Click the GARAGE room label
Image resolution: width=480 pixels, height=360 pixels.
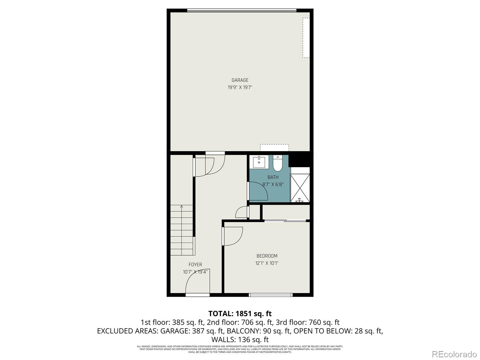(240, 80)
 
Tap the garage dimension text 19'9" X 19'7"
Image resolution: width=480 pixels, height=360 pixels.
(240, 88)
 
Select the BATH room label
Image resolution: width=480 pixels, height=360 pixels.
(273, 177)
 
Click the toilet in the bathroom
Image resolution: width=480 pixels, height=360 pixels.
(277, 163)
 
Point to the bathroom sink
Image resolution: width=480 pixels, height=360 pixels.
(259, 162)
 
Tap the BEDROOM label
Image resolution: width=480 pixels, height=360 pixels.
(267, 256)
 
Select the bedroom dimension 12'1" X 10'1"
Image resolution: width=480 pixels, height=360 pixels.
(267, 263)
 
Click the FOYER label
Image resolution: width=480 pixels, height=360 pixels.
(195, 265)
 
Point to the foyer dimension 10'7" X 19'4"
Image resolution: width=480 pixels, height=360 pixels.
(195, 272)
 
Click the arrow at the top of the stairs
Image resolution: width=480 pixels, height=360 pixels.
(181, 207)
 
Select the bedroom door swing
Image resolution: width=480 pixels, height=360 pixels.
(232, 236)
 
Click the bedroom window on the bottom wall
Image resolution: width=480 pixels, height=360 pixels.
(271, 295)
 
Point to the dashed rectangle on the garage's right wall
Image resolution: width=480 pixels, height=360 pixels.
(306, 37)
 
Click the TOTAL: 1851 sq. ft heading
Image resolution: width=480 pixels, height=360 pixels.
(240, 313)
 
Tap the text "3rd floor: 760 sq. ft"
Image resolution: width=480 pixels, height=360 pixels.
(307, 322)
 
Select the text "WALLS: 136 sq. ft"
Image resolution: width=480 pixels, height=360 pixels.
(240, 340)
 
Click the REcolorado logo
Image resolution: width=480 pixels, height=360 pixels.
(454, 354)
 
